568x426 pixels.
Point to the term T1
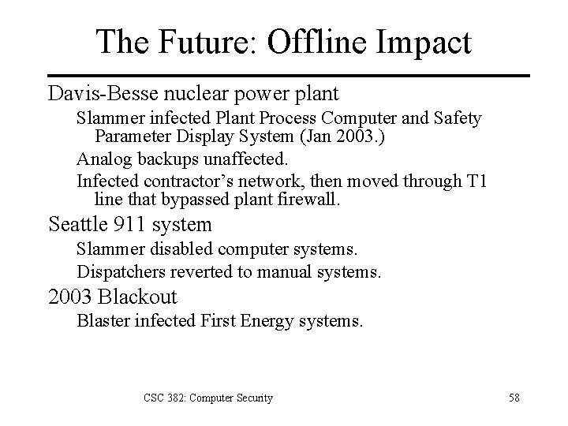475,182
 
